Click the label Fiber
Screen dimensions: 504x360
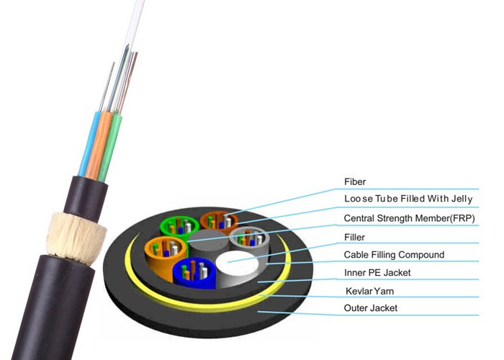(356, 182)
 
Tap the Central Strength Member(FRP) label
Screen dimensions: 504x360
(409, 218)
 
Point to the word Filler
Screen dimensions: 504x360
(354, 236)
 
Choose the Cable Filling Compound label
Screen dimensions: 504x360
(394, 254)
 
